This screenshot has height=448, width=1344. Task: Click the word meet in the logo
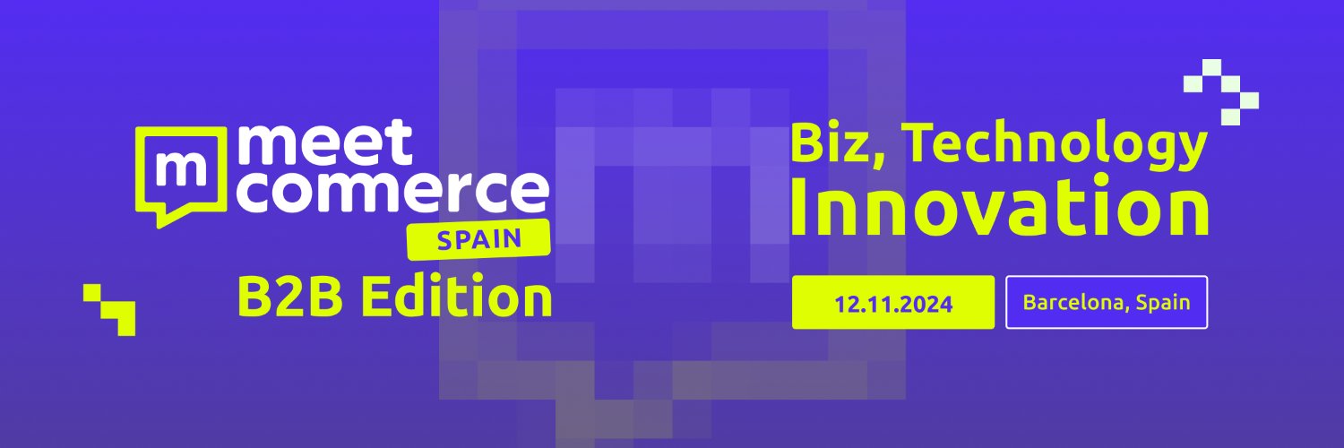326,144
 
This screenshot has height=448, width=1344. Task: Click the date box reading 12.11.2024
892,303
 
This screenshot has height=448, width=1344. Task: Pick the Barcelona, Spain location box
1107,303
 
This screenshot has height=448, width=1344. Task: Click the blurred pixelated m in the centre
671,206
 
